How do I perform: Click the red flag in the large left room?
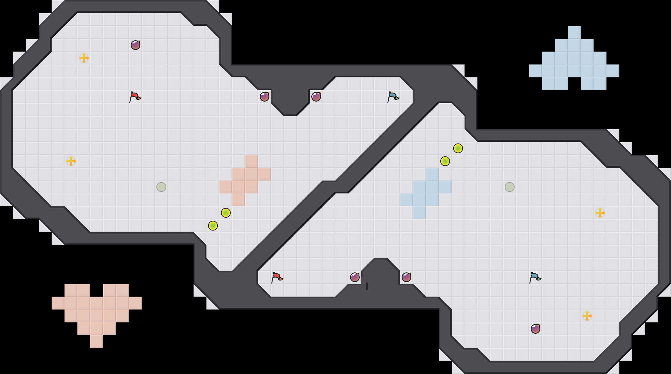click(135, 97)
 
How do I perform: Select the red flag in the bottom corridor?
click(277, 277)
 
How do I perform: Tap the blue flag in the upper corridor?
click(393, 97)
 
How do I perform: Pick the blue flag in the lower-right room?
click(535, 277)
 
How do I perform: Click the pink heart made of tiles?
click(97, 310)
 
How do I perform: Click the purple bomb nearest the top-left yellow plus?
click(135, 45)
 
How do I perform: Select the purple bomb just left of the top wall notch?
click(265, 97)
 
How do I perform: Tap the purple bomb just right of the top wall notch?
click(316, 97)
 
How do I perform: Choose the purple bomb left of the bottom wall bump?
click(355, 277)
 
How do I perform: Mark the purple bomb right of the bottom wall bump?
click(406, 277)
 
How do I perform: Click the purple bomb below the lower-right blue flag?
click(536, 329)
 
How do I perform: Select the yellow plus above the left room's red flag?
click(84, 58)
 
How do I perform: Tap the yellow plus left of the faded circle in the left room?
click(71, 161)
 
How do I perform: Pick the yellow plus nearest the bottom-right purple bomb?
click(587, 316)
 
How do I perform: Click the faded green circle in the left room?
click(161, 187)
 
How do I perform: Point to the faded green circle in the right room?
click(510, 187)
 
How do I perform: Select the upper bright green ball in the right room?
click(458, 148)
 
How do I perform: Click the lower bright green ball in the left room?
click(213, 226)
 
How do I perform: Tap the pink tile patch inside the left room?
click(245, 181)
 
